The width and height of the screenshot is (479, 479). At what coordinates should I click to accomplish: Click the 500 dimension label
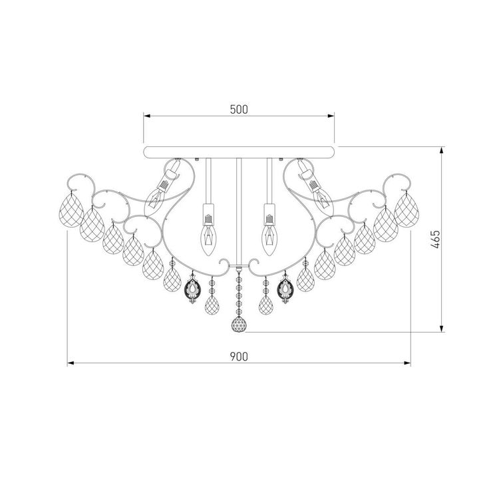(239, 110)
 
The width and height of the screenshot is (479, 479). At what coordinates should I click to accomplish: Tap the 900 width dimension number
(239, 357)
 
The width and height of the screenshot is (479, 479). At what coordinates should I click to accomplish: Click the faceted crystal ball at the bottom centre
(238, 325)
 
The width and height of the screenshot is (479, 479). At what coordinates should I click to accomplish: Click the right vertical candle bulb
(270, 236)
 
